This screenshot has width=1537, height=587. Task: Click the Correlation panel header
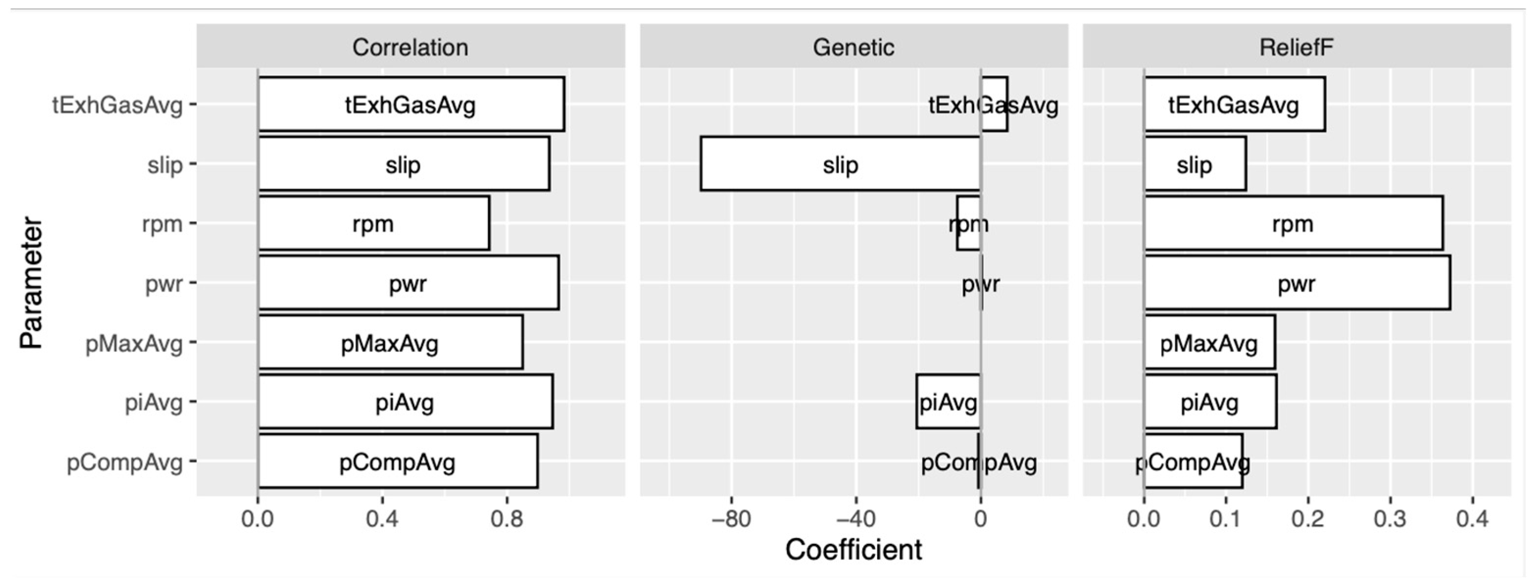click(411, 47)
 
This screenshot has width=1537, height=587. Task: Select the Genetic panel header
click(853, 47)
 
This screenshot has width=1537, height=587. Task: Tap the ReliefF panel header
click(1296, 47)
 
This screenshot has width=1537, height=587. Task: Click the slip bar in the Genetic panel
click(840, 164)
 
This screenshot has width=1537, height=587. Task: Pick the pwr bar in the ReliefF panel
click(1296, 283)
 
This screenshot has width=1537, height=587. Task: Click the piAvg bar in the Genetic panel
click(948, 401)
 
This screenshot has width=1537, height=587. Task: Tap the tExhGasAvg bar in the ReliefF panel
click(1234, 104)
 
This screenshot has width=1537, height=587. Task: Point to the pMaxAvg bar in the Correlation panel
click(390, 343)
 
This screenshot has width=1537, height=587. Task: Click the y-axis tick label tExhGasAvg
click(118, 105)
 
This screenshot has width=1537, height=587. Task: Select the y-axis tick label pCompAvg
click(124, 463)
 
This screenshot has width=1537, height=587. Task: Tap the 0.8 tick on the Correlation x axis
click(507, 519)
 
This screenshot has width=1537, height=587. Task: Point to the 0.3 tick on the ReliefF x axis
click(1390, 519)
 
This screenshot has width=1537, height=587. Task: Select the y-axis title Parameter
click(31, 283)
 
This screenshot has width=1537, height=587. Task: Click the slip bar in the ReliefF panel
click(1195, 164)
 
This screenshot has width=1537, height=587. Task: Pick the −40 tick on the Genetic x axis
click(855, 519)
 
